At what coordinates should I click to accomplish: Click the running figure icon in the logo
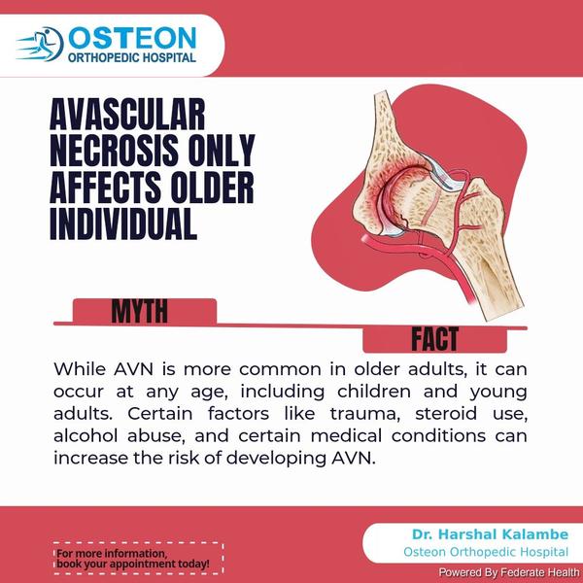click(40, 44)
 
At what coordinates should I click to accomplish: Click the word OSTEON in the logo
click(132, 38)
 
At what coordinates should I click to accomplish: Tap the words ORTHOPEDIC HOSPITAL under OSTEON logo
click(131, 57)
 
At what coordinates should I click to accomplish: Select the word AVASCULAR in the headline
click(127, 114)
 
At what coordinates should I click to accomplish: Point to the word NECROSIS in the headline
click(114, 151)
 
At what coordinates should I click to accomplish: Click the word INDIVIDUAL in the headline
click(123, 223)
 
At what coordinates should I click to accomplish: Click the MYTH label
click(139, 311)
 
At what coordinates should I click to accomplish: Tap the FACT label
click(434, 339)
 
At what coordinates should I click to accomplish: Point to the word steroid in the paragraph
click(446, 414)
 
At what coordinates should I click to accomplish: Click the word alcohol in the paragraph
click(86, 435)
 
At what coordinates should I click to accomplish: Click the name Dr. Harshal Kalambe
click(490, 534)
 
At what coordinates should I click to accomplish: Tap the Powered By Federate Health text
click(508, 572)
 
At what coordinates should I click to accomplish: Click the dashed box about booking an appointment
click(138, 559)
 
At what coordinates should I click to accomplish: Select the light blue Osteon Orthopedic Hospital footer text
click(486, 552)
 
